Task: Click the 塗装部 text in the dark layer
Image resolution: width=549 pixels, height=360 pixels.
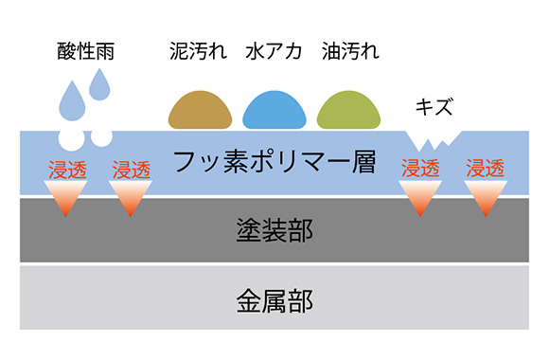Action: [x=274, y=228]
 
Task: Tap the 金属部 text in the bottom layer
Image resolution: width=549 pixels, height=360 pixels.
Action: [x=274, y=302]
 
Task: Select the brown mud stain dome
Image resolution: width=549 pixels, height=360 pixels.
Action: [x=200, y=112]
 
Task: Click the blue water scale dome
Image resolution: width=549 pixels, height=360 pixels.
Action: [x=274, y=112]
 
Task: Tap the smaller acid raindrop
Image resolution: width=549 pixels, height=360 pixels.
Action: [x=99, y=85]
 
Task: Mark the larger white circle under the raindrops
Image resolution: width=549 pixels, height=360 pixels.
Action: [x=71, y=139]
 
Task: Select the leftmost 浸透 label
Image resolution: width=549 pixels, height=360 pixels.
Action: [x=65, y=171]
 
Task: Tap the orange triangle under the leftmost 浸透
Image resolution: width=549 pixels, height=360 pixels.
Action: [x=65, y=197]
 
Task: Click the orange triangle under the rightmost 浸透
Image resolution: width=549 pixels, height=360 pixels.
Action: [x=486, y=195]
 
